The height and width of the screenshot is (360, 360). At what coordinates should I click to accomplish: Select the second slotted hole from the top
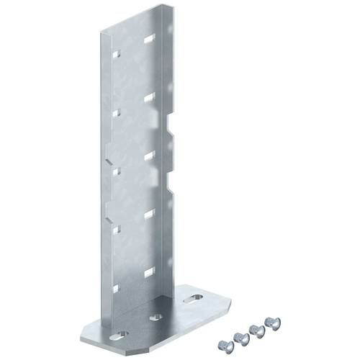(x=149, y=96)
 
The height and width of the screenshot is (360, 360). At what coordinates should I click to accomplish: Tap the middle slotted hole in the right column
(x=149, y=154)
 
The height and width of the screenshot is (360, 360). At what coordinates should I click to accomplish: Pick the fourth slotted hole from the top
(x=149, y=213)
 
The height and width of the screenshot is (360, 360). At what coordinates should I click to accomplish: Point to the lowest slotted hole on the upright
(x=149, y=271)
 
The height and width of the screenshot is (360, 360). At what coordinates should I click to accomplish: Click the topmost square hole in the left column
(x=114, y=54)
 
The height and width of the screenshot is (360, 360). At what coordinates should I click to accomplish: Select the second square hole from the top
(x=114, y=112)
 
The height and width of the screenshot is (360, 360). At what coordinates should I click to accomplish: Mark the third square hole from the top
(x=114, y=170)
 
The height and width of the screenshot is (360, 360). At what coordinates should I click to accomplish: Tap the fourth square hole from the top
(x=114, y=229)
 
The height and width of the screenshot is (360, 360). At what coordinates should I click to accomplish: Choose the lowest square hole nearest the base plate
(x=114, y=287)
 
